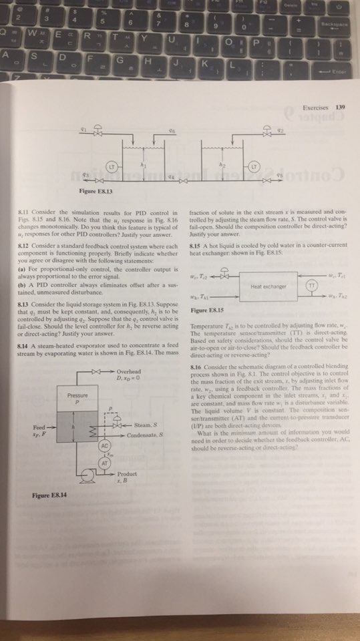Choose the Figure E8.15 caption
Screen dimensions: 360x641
tap(206, 311)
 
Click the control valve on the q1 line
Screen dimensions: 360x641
tap(97, 131)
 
